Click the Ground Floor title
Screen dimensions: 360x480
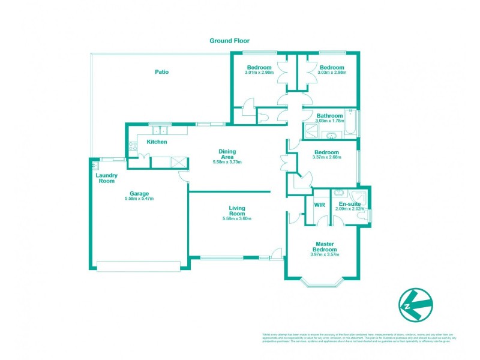[x=229, y=41]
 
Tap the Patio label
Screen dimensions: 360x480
[x=161, y=72]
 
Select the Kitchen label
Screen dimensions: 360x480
[x=157, y=142]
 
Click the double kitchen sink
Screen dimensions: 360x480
[x=160, y=130]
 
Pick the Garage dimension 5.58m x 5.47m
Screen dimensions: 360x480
[x=139, y=199]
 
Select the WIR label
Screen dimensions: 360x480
[x=319, y=204]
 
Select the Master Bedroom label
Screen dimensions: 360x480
[x=325, y=247]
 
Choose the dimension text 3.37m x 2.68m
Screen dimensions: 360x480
[x=328, y=158]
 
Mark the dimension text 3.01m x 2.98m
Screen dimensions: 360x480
[x=259, y=73]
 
